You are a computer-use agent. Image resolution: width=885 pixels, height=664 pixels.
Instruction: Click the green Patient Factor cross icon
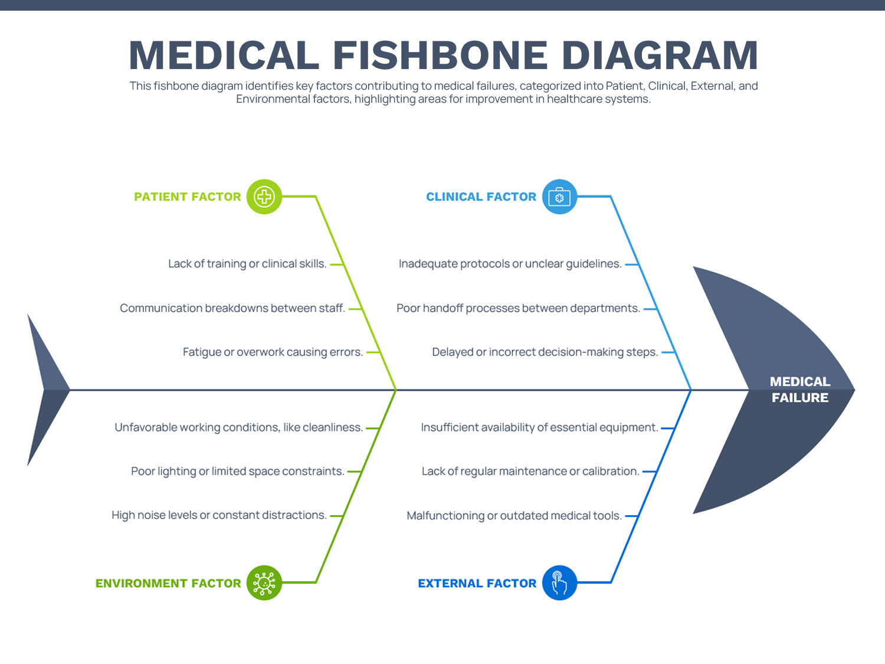pyautogui.click(x=264, y=197)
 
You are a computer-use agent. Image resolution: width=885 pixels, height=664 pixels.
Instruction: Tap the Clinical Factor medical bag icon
pyautogui.click(x=559, y=197)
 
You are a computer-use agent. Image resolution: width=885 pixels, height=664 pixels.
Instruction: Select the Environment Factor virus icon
pyautogui.click(x=264, y=583)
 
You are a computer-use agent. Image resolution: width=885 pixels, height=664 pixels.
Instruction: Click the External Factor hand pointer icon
pyautogui.click(x=559, y=583)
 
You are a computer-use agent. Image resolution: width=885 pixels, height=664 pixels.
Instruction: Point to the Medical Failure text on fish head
pyautogui.click(x=799, y=390)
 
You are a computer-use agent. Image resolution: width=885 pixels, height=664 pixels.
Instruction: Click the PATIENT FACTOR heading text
pyautogui.click(x=188, y=197)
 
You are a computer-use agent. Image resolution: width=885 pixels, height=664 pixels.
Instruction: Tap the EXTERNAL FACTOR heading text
pyautogui.click(x=477, y=584)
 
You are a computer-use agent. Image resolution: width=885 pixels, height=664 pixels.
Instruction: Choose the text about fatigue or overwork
pyautogui.click(x=273, y=352)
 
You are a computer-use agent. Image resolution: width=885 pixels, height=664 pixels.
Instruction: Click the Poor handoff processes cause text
pyautogui.click(x=518, y=308)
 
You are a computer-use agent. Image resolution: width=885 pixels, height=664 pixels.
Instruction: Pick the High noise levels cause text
pyautogui.click(x=219, y=515)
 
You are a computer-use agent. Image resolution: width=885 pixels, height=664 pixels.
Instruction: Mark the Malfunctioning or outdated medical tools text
pyautogui.click(x=514, y=516)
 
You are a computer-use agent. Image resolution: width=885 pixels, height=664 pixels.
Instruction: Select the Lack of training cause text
pyautogui.click(x=247, y=264)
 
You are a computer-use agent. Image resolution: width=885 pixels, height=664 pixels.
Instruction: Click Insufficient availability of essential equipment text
pyautogui.click(x=539, y=427)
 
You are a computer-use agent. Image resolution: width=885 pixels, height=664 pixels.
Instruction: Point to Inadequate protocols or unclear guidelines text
pyautogui.click(x=510, y=264)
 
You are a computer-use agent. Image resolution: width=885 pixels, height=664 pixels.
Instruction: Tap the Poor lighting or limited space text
pyautogui.click(x=237, y=472)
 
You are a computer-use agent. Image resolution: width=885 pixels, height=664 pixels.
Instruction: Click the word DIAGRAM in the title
pyautogui.click(x=660, y=56)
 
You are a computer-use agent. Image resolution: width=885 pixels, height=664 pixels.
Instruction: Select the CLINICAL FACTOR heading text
pyautogui.click(x=481, y=197)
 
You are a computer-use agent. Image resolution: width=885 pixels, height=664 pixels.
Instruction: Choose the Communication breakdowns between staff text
pyautogui.click(x=232, y=308)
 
